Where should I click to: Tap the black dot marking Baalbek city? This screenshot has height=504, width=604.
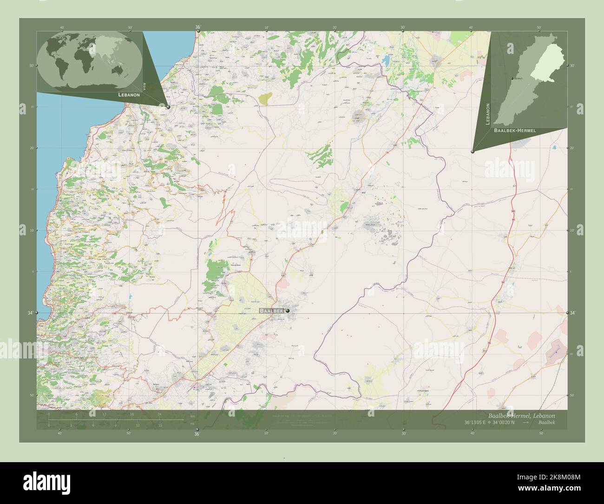pos(288,311)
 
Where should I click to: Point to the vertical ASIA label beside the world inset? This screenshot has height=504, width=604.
pos(144,86)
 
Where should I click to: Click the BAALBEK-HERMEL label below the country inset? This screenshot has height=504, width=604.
pos(515,131)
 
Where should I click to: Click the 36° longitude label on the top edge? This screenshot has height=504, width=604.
pos(197,27)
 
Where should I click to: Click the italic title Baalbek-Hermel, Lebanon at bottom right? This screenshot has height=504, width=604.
pos(521,415)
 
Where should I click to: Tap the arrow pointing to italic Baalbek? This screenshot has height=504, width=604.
pos(525,422)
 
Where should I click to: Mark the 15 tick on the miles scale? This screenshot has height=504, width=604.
pos(159,425)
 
